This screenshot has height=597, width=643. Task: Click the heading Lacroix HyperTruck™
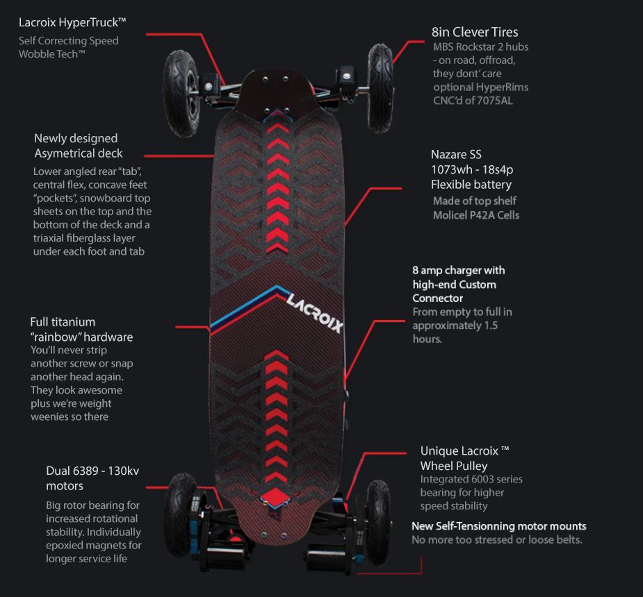pyautogui.click(x=72, y=23)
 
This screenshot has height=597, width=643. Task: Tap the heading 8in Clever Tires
pyautogui.click(x=475, y=32)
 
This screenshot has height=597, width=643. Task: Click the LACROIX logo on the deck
pyautogui.click(x=314, y=312)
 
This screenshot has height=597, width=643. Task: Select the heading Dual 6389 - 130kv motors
pyautogui.click(x=92, y=478)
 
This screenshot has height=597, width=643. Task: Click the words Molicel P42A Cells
pyautogui.click(x=476, y=215)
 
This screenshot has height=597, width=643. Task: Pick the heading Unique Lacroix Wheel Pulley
pyautogui.click(x=464, y=458)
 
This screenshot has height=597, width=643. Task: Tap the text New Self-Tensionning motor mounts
pyautogui.click(x=498, y=526)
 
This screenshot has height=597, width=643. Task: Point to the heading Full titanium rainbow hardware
pyautogui.click(x=81, y=329)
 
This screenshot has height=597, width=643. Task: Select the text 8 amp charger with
pyautogui.click(x=459, y=270)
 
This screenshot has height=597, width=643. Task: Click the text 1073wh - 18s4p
pyautogui.click(x=471, y=169)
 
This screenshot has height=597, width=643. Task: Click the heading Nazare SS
pyautogui.click(x=456, y=154)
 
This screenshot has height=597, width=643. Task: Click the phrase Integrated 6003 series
pyautogui.click(x=471, y=479)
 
